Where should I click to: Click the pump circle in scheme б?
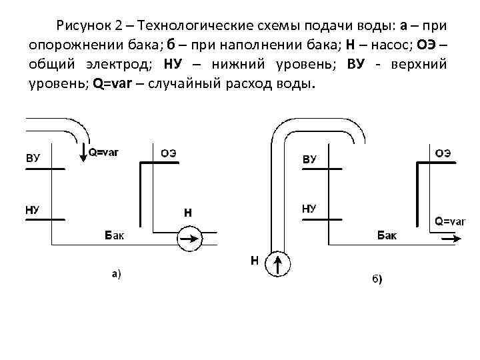point(279,264)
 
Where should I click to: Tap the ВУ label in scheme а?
point(33,158)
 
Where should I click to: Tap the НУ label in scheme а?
point(33,209)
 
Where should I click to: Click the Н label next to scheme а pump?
point(188,213)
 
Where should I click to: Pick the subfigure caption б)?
point(377,278)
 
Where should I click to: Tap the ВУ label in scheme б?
point(309,159)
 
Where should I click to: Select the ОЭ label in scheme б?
point(443,153)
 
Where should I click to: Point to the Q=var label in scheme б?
point(450,221)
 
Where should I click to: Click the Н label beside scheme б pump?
point(254,260)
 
